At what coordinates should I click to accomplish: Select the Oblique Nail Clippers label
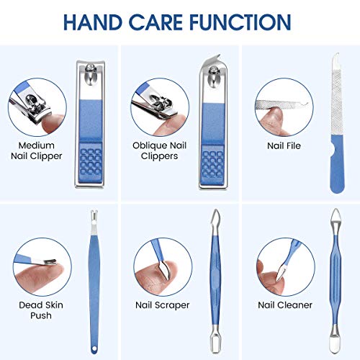[x=159, y=149]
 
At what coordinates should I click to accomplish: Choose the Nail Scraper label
[x=162, y=305]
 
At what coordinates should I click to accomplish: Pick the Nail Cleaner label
[x=285, y=305]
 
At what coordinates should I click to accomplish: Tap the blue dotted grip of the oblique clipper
[x=212, y=166]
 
